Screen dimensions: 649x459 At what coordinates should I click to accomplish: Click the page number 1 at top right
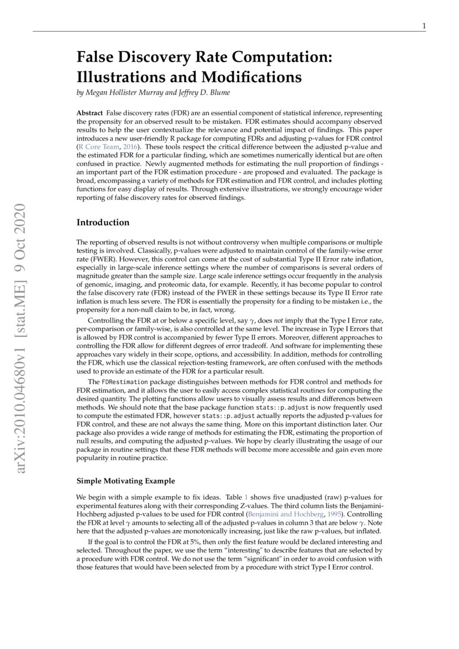[424, 26]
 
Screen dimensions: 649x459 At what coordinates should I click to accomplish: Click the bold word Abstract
[89, 113]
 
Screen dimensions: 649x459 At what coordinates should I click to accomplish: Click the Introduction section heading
[103, 223]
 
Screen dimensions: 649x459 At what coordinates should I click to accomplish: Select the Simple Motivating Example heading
[125, 481]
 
